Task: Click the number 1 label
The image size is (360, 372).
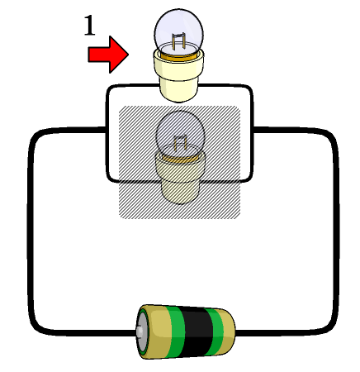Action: pyautogui.click(x=89, y=26)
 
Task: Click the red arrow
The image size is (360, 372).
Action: pyautogui.click(x=108, y=55)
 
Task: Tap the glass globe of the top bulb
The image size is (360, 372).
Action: pyautogui.click(x=179, y=31)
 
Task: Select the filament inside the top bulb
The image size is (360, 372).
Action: pyautogui.click(x=178, y=42)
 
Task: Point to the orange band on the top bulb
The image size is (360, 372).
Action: pyautogui.click(x=179, y=57)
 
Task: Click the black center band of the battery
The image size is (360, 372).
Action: pyautogui.click(x=196, y=331)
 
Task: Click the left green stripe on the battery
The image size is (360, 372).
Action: pyautogui.click(x=176, y=331)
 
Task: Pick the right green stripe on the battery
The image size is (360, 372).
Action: pyautogui.click(x=215, y=331)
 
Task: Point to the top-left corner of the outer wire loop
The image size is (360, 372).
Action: pyautogui.click(x=36, y=136)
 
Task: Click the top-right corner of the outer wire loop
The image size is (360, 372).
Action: pyautogui.click(x=331, y=136)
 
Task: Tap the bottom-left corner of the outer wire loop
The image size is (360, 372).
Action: pyautogui.click(x=36, y=327)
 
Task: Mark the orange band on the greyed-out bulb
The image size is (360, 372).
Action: pyautogui.click(x=180, y=159)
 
